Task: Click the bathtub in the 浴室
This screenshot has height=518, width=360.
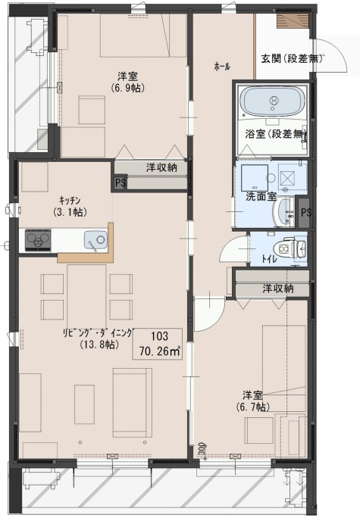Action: tap(273, 101)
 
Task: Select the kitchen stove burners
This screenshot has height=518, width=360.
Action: tap(39, 239)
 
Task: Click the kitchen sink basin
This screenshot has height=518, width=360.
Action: tap(95, 239)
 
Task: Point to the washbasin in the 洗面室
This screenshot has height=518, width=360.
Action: tap(285, 212)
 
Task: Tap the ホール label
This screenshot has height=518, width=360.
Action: tap(222, 67)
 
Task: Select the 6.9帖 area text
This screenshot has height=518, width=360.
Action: tap(127, 88)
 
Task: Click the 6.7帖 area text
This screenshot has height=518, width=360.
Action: tap(252, 407)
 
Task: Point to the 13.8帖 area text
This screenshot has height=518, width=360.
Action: tap(99, 345)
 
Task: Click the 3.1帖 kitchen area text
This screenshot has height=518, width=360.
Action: tap(70, 212)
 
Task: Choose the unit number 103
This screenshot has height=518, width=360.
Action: tap(160, 336)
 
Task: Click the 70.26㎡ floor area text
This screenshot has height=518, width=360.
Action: tap(159, 351)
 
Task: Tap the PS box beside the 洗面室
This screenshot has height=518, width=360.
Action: tap(305, 212)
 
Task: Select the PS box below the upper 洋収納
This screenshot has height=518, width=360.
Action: tap(120, 183)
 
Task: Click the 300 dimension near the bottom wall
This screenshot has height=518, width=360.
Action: tap(203, 449)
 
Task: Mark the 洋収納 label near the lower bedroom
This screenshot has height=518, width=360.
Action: tap(278, 289)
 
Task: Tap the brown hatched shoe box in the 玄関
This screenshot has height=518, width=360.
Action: tap(293, 20)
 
